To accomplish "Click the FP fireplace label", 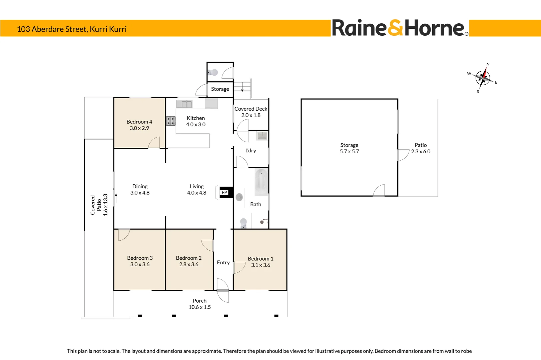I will tap(224, 192).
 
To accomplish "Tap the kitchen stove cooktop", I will tap(171, 121).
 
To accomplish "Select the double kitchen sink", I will tap(184, 104).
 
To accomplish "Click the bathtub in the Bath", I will tap(261, 182).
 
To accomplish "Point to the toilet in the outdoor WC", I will tap(213, 72).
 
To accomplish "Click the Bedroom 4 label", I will tap(139, 122).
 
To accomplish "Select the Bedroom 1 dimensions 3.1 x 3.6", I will tap(260, 265).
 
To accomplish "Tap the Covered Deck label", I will tap(251, 109).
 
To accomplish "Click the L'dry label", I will tap(250, 151).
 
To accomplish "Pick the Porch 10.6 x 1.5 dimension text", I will tap(199, 307).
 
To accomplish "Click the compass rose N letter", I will tap(488, 64).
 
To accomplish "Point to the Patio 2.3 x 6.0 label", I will tap(421, 148).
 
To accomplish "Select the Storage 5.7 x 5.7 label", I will tap(349, 148).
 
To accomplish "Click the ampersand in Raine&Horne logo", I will tap(396, 28).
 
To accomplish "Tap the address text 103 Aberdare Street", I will tap(72, 29).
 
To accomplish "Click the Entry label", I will tap(223, 262).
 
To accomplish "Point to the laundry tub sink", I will tap(262, 135).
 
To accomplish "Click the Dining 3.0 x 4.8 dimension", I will tap(140, 193).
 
